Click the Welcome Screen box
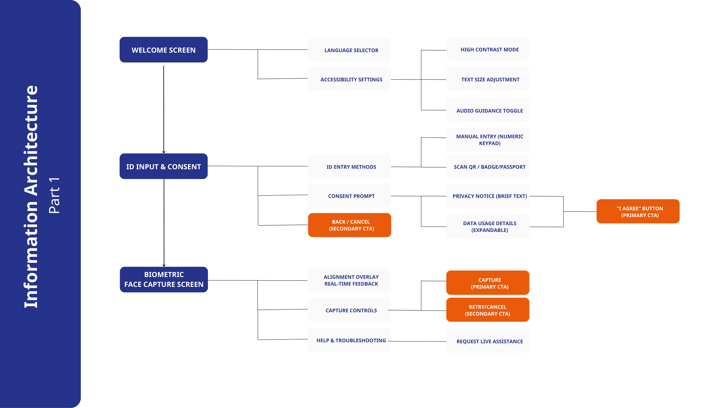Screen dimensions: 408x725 (x=164, y=50)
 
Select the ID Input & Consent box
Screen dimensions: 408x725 (x=164, y=166)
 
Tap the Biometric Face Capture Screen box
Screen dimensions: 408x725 (x=164, y=280)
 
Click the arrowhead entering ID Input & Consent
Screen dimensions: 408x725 (x=164, y=152)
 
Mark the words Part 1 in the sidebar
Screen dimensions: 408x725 (x=54, y=195)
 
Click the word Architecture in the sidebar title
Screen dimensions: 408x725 (x=31, y=141)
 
